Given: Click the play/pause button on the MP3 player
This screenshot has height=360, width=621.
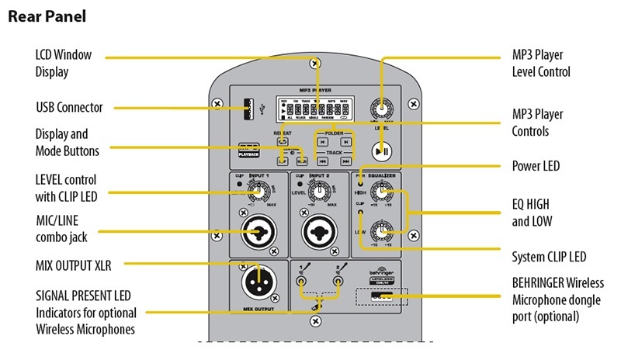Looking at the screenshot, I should [381, 151].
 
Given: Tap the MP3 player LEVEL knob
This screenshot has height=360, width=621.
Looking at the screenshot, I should [380, 110].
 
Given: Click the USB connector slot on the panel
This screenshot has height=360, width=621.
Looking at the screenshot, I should [247, 109].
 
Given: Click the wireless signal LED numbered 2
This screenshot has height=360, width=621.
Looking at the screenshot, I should [338, 283].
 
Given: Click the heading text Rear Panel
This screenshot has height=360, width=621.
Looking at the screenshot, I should [47, 16].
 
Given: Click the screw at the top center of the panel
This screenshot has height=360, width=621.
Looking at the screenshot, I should [314, 63].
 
